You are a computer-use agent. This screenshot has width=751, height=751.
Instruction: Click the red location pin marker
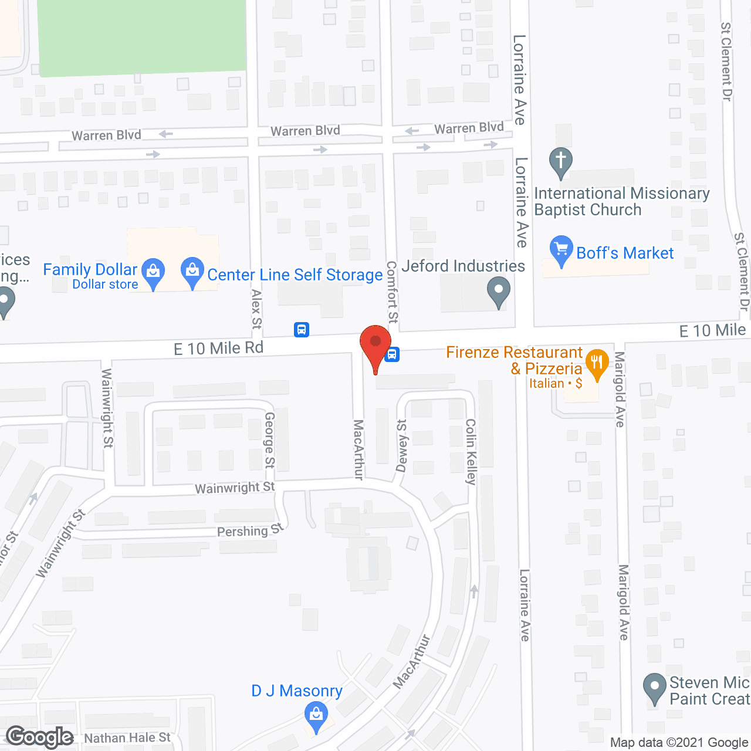tap(375, 344)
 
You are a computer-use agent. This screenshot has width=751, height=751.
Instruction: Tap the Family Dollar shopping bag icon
tap(153, 273)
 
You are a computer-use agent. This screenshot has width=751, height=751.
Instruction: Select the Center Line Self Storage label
tap(295, 275)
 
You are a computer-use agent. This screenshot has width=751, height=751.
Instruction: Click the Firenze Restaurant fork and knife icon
tap(597, 363)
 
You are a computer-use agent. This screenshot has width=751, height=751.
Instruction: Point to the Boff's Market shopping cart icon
tap(561, 250)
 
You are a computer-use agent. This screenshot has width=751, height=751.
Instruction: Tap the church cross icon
tap(561, 161)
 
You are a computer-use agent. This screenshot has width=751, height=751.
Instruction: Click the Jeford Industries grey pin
tap(498, 292)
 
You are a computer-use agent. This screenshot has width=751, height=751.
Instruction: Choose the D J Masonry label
tap(296, 691)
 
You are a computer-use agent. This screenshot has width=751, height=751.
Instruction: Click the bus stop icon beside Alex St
tap(302, 330)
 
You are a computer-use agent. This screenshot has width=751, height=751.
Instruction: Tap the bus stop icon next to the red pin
tap(392, 354)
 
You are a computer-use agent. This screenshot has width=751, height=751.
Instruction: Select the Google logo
tap(40, 737)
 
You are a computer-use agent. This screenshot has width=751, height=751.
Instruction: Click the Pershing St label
tap(250, 530)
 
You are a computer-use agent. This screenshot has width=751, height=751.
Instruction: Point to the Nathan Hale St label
tap(127, 738)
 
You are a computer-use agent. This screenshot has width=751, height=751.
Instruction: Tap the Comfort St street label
tap(392, 292)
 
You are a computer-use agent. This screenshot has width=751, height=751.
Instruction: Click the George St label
tap(269, 439)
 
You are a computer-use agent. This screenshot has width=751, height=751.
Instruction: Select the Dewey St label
tap(402, 446)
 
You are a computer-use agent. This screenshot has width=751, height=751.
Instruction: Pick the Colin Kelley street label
tap(471, 451)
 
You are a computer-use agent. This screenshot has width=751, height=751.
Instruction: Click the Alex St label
tap(256, 309)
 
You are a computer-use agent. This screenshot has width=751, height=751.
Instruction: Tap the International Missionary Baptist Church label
tap(621, 201)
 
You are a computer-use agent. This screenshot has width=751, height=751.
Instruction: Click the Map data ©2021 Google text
tap(679, 743)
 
